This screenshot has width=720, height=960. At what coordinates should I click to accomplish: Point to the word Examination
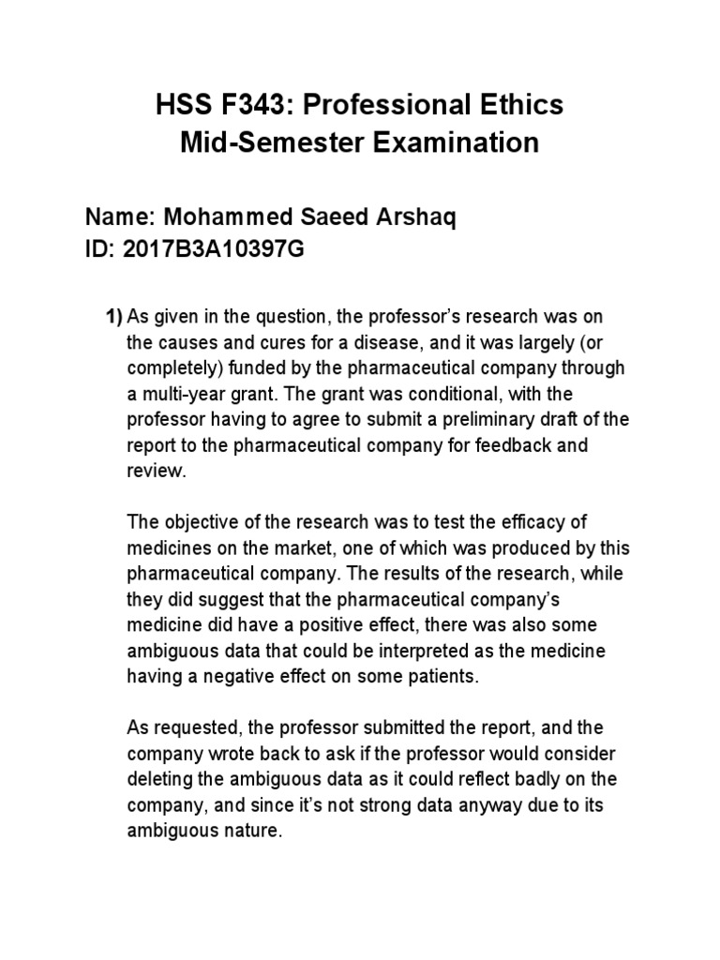tap(451, 143)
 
